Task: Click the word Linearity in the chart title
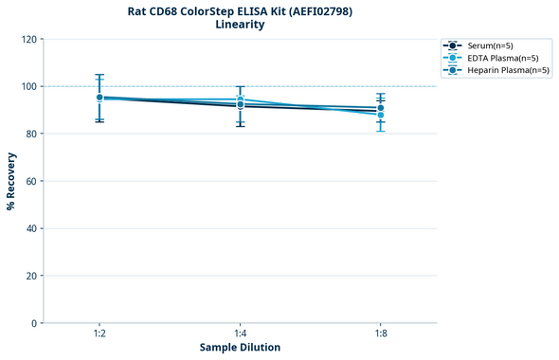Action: [x=240, y=25]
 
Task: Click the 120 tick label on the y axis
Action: [x=28, y=39]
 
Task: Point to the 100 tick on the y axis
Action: [x=28, y=86]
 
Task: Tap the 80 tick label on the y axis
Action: [x=31, y=134]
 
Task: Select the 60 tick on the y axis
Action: [x=31, y=181]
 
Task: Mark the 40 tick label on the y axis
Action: [x=31, y=228]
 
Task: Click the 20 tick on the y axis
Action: [x=31, y=276]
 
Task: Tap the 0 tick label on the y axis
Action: [x=34, y=323]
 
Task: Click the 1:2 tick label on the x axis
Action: [x=99, y=334]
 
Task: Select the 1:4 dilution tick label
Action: [x=240, y=334]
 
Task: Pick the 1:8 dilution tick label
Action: [x=381, y=334]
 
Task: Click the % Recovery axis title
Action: [x=11, y=180]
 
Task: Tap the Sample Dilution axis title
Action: [x=240, y=348]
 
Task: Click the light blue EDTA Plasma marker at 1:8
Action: [x=381, y=115]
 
